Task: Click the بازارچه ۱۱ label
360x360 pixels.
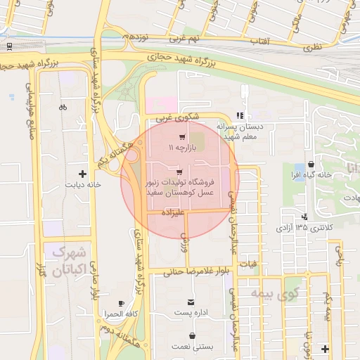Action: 180,149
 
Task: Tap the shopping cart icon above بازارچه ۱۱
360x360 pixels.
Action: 182,138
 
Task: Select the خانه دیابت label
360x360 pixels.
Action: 84,185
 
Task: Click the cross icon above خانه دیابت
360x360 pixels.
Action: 83,173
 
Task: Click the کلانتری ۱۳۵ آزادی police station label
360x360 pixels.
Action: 304,228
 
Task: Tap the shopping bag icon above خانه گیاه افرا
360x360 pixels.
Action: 310,164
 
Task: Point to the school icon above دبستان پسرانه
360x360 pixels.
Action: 240,116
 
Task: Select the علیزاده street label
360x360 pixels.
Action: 173,211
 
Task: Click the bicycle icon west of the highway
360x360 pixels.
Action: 63,108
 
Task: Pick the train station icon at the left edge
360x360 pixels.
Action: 9,46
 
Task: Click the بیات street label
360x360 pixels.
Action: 249,264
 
